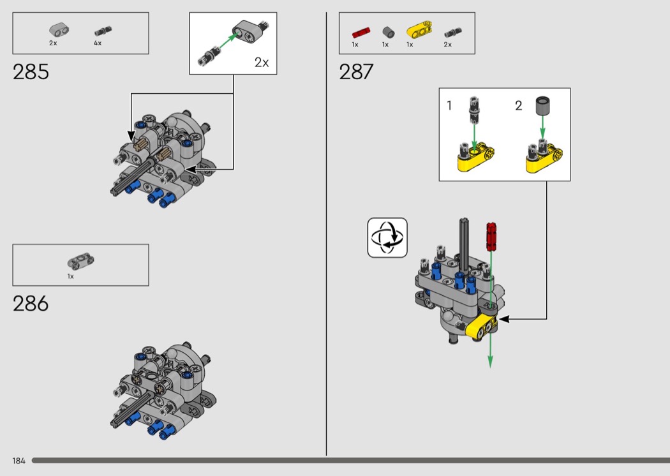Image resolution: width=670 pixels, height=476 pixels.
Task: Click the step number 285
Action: tap(31, 72)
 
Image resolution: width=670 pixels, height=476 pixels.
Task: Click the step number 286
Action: tap(31, 303)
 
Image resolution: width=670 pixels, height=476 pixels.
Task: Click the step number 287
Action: tap(356, 72)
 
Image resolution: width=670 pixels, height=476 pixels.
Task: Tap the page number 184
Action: tap(18, 461)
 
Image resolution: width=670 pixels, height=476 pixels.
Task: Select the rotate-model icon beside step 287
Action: tap(387, 237)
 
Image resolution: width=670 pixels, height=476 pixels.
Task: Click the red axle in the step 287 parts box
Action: tap(361, 31)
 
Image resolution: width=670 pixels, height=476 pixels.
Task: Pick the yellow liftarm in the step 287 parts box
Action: tap(419, 30)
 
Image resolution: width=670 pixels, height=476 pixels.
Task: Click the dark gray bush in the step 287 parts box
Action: tap(387, 31)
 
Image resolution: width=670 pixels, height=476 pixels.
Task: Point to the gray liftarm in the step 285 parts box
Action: tap(59, 30)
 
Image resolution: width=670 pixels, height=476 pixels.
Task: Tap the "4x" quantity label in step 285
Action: tap(98, 43)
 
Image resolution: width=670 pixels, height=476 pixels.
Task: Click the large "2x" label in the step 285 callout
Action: tap(262, 63)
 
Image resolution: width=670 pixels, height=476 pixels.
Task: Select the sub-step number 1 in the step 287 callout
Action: tap(449, 106)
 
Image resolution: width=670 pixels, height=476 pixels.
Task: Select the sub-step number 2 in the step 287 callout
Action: tap(518, 106)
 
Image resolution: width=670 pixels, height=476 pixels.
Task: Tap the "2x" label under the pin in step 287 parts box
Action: tap(447, 45)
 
